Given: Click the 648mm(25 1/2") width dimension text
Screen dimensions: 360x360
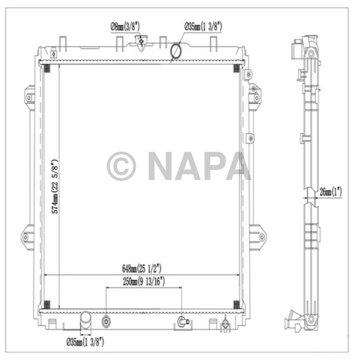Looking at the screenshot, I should click(142, 268).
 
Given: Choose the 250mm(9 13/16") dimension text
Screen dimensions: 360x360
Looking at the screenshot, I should click(143, 281).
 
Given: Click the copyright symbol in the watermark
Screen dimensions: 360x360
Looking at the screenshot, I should click(121, 166).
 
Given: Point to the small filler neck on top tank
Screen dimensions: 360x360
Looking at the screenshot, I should click(140, 42).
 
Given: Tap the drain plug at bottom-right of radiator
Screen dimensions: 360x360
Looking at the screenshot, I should click(224, 324).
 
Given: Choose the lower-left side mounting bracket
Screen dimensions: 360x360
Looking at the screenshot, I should click(28, 238).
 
